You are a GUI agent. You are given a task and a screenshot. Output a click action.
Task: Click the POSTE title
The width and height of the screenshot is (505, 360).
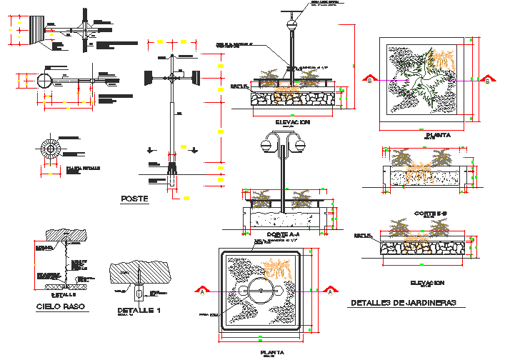(134, 200)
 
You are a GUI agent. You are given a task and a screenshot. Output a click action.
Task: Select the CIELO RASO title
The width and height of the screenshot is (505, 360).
(60, 307)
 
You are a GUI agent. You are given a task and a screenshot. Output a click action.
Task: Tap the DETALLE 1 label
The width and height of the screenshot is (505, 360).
(139, 311)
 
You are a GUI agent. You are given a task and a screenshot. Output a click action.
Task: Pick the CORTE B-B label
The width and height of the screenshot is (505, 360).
(430, 213)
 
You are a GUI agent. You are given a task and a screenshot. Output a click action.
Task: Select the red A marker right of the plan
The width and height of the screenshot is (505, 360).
(330, 290)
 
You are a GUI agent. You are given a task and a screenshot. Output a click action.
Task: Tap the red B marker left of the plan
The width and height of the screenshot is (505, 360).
(369, 80)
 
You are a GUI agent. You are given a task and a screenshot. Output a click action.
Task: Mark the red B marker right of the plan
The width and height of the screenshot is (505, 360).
(488, 80)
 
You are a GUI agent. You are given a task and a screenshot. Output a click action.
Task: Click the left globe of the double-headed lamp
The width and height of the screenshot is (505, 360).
(266, 145)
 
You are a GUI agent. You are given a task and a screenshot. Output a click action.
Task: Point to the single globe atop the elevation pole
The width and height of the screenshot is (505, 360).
(291, 25)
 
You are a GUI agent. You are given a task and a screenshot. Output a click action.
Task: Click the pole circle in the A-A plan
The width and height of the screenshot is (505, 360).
(260, 292)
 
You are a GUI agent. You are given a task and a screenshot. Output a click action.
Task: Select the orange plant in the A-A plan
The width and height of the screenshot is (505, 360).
(277, 270)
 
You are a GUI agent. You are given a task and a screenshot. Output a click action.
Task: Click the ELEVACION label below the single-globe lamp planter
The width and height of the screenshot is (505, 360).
(291, 122)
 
